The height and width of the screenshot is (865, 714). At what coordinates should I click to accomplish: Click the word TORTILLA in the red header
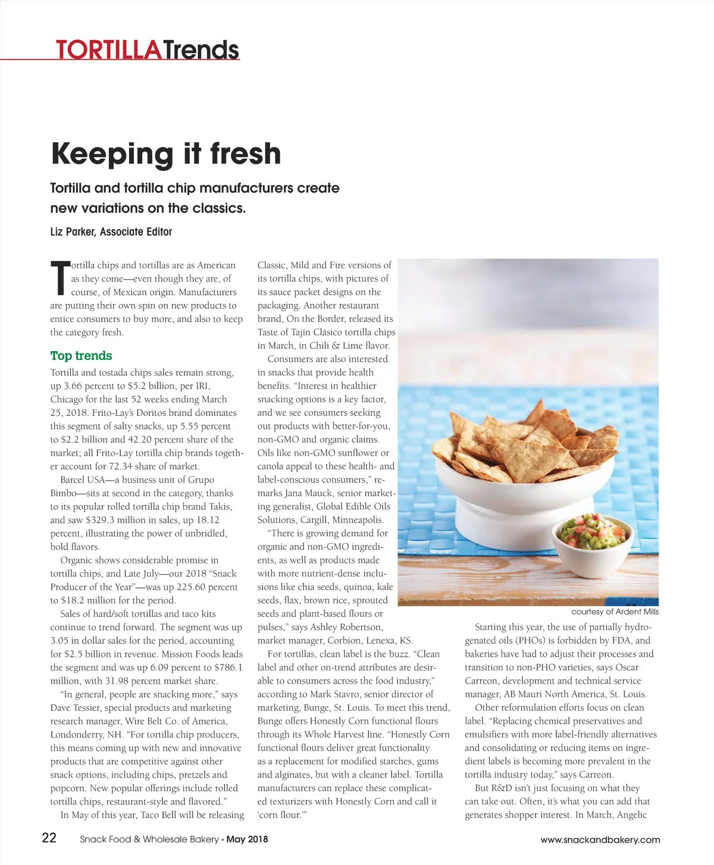[x=108, y=50]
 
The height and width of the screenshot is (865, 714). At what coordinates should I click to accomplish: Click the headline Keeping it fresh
[x=166, y=153]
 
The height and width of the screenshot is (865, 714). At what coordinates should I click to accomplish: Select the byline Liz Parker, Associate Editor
[x=111, y=232]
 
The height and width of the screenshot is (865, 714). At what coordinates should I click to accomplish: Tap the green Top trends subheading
[x=81, y=356]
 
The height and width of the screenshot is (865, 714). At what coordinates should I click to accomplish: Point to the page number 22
[x=49, y=838]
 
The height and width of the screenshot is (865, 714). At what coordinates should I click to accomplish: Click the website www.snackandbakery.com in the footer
[x=600, y=840]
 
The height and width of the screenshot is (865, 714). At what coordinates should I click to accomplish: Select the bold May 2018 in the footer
[x=248, y=839]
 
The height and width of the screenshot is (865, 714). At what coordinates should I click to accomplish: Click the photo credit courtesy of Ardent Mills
[x=615, y=612]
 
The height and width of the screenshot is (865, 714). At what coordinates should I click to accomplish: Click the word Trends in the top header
[x=201, y=50]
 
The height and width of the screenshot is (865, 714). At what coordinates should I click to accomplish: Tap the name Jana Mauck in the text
[x=309, y=493]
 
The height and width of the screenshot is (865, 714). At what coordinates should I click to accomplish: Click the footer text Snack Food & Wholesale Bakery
[x=149, y=839]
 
